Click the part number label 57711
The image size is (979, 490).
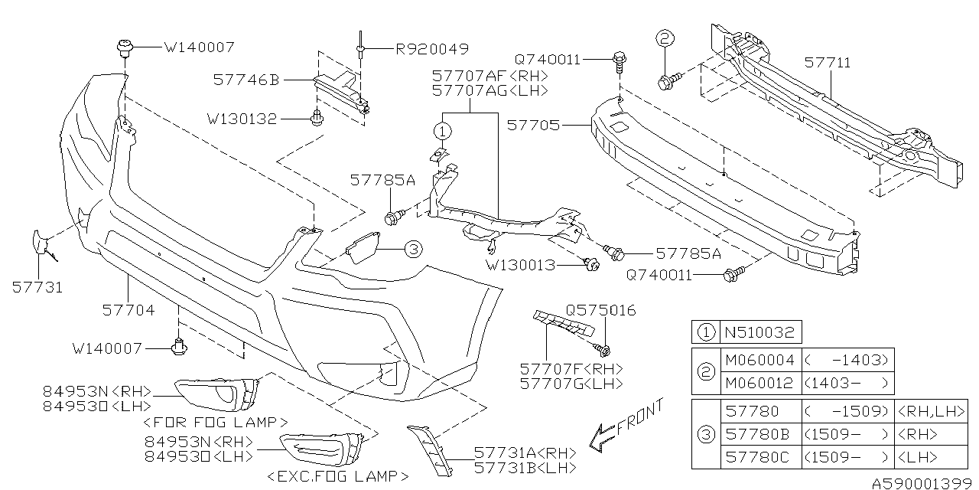827,63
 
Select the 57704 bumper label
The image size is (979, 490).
128,310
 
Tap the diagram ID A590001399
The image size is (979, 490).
922,483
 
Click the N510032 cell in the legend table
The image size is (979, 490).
761,333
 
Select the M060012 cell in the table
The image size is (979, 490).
760,383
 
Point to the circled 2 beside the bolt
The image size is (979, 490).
664,40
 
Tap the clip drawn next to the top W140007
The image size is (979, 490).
122,47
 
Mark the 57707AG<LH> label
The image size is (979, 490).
490,90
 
